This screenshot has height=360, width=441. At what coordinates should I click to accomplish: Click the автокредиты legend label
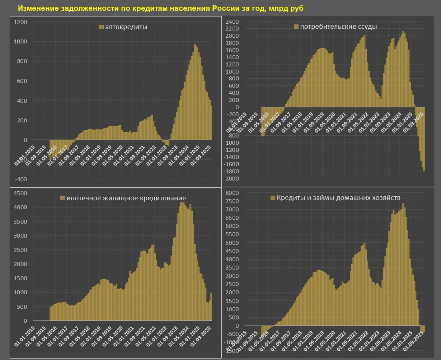(x=126, y=27)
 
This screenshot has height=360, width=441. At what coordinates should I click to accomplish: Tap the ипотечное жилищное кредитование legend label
(x=126, y=198)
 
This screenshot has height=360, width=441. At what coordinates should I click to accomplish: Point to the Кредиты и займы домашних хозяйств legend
(x=338, y=197)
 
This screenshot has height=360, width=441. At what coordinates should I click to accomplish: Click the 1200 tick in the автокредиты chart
(x=20, y=22)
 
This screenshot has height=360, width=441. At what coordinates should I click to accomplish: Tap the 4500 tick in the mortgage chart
(x=20, y=193)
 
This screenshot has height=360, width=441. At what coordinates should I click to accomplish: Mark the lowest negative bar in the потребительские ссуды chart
(x=424, y=170)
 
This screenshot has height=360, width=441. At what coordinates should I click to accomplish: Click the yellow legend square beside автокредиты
(x=101, y=27)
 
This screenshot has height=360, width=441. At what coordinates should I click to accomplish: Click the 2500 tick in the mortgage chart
(x=20, y=250)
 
